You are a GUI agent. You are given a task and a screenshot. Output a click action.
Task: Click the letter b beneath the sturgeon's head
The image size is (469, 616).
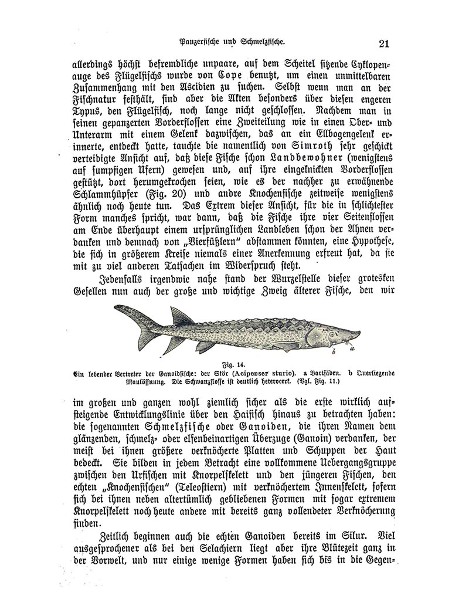[332, 353]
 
